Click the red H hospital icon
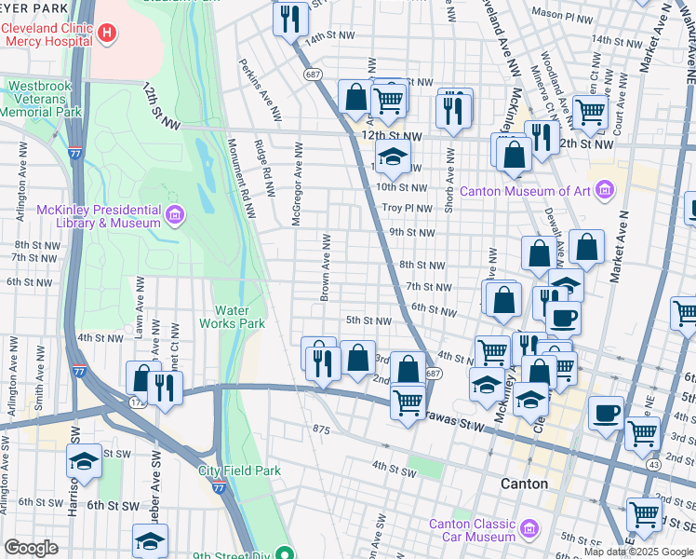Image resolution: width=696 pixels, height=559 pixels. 107,34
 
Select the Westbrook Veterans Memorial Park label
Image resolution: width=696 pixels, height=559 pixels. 39,99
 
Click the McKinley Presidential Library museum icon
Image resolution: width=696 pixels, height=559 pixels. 174,216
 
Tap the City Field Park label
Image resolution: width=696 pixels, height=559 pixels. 239,470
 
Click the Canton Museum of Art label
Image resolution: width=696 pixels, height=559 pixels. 547,192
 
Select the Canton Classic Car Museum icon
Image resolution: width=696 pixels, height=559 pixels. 529,530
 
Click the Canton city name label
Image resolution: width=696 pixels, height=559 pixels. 524,484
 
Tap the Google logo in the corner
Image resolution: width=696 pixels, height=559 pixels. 31,548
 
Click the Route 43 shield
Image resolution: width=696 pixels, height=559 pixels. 655,464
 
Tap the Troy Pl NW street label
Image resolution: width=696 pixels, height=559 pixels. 408,208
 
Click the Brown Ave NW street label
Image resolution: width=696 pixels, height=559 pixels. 326,268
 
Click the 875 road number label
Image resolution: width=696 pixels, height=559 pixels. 322,429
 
